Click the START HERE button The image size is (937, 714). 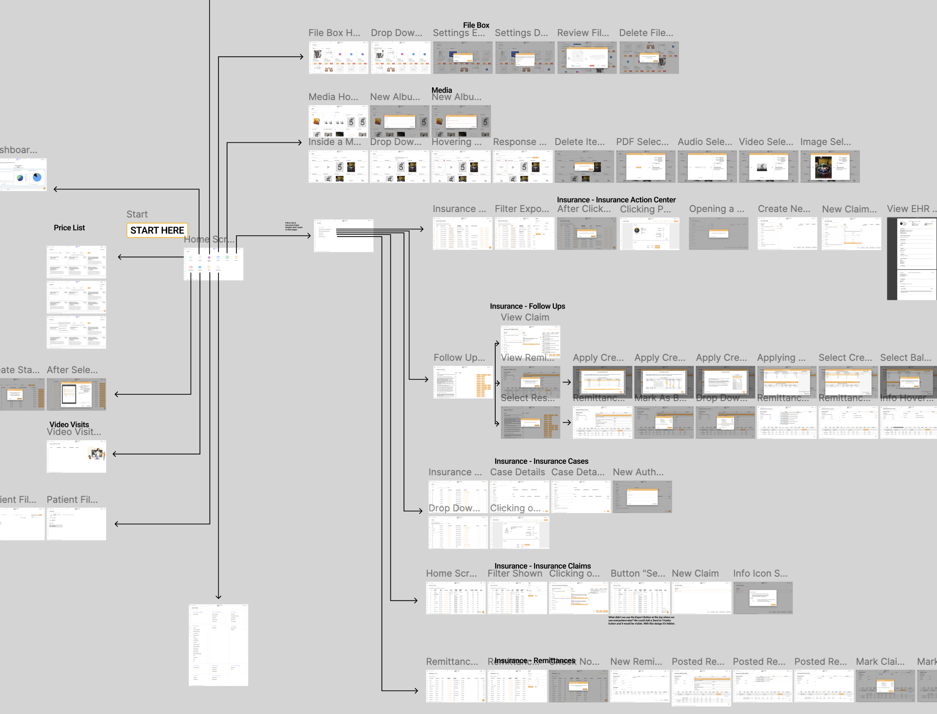pyautogui.click(x=157, y=230)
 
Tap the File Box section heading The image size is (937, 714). pyautogui.click(x=476, y=25)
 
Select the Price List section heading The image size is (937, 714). pyautogui.click(x=69, y=228)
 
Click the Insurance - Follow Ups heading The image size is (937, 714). pyautogui.click(x=527, y=306)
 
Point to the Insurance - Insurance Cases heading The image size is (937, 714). pyautogui.click(x=541, y=461)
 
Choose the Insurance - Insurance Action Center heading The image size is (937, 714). pyautogui.click(x=616, y=200)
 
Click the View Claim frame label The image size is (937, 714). pyautogui.click(x=525, y=318)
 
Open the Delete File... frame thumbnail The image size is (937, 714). pyautogui.click(x=648, y=58)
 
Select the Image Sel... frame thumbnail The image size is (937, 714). pyautogui.click(x=830, y=167)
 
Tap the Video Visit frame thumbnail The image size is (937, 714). pyautogui.click(x=76, y=456)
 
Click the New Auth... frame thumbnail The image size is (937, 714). pyautogui.click(x=642, y=497)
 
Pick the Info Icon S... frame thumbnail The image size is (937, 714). pyautogui.click(x=763, y=598)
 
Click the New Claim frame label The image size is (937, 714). pyautogui.click(x=695, y=574)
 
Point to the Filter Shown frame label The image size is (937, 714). pyautogui.click(x=515, y=574)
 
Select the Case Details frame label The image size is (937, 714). pyautogui.click(x=517, y=472)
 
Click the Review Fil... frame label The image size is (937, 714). pyautogui.click(x=583, y=33)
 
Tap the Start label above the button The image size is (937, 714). pyautogui.click(x=137, y=214)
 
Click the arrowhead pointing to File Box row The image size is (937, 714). pyautogui.click(x=302, y=56)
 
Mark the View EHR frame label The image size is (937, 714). pyautogui.click(x=910, y=209)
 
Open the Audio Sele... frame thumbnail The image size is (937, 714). pyautogui.click(x=707, y=167)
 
